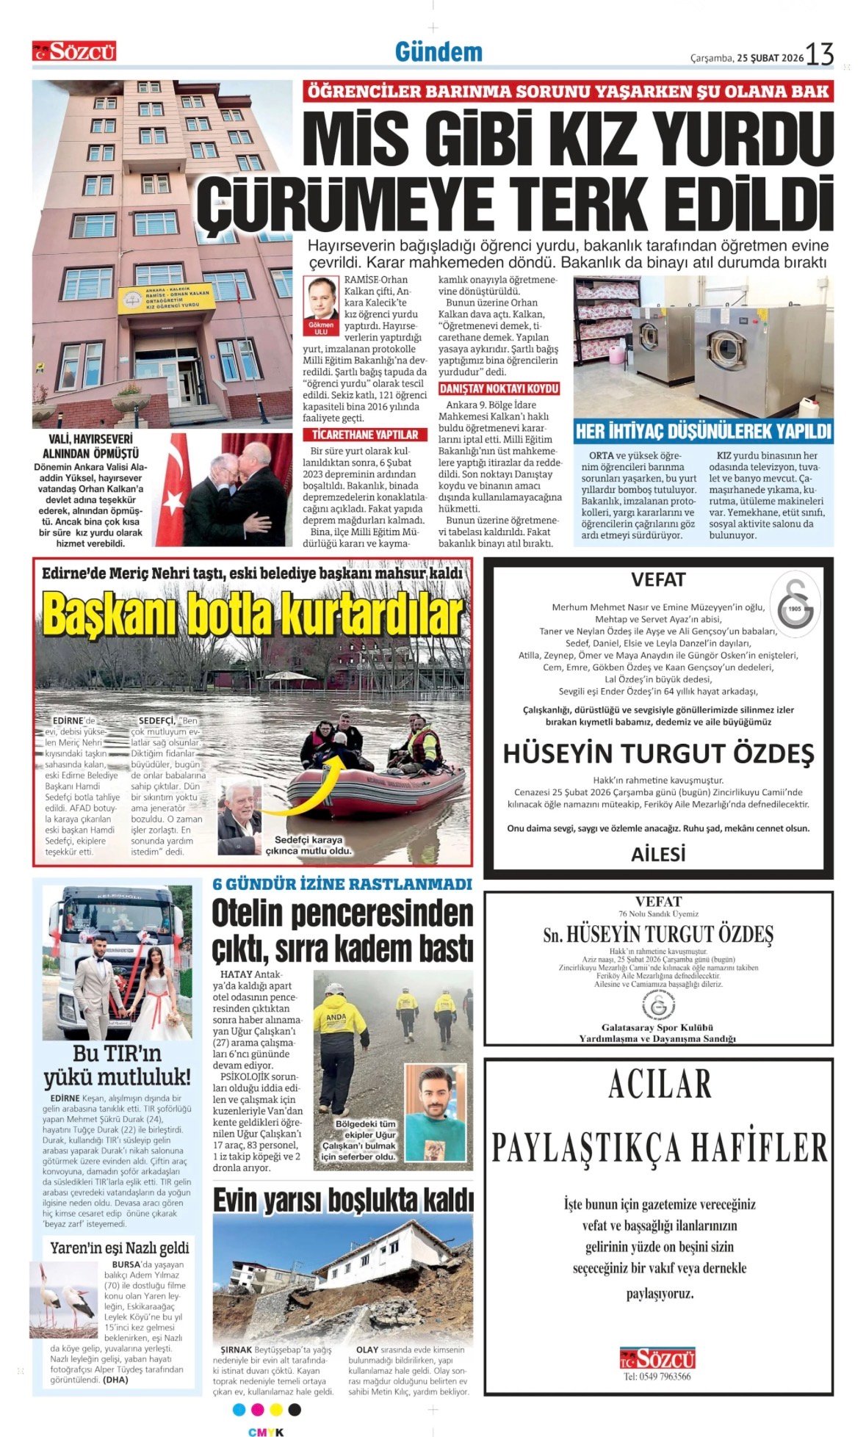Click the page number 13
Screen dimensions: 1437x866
pyautogui.click(x=820, y=54)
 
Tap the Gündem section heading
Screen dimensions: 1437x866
pyautogui.click(x=439, y=52)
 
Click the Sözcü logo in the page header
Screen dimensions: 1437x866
pyautogui.click(x=73, y=51)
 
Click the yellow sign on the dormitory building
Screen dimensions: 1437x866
pyautogui.click(x=164, y=297)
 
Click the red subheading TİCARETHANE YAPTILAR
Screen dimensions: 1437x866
pyautogui.click(x=364, y=435)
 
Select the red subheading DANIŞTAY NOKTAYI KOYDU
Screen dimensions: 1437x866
pyautogui.click(x=499, y=388)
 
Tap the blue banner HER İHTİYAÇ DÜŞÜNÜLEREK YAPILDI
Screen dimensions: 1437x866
pyautogui.click(x=703, y=431)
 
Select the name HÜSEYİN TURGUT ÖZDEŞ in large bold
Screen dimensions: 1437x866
pyautogui.click(x=658, y=753)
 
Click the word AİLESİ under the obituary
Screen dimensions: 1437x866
pyautogui.click(x=658, y=853)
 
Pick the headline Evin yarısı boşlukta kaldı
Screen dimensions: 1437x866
pyautogui.click(x=343, y=1201)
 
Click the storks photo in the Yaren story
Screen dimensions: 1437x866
pyautogui.click(x=65, y=1300)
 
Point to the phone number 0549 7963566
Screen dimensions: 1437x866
pyautogui.click(x=657, y=1376)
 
